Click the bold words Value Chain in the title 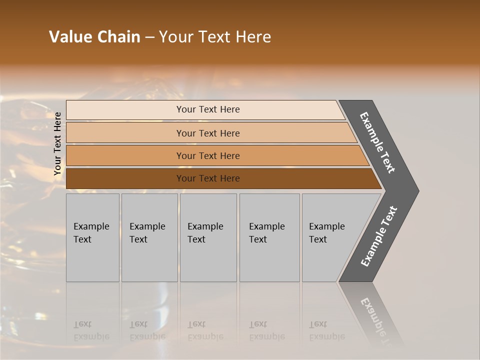[94, 37]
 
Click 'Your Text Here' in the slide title [215, 37]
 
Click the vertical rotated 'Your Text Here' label [57, 143]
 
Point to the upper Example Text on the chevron [377, 142]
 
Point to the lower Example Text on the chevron [378, 236]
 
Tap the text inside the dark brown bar [208, 178]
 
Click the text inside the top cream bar [208, 109]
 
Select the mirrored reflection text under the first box [91, 330]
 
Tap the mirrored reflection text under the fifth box [326, 330]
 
